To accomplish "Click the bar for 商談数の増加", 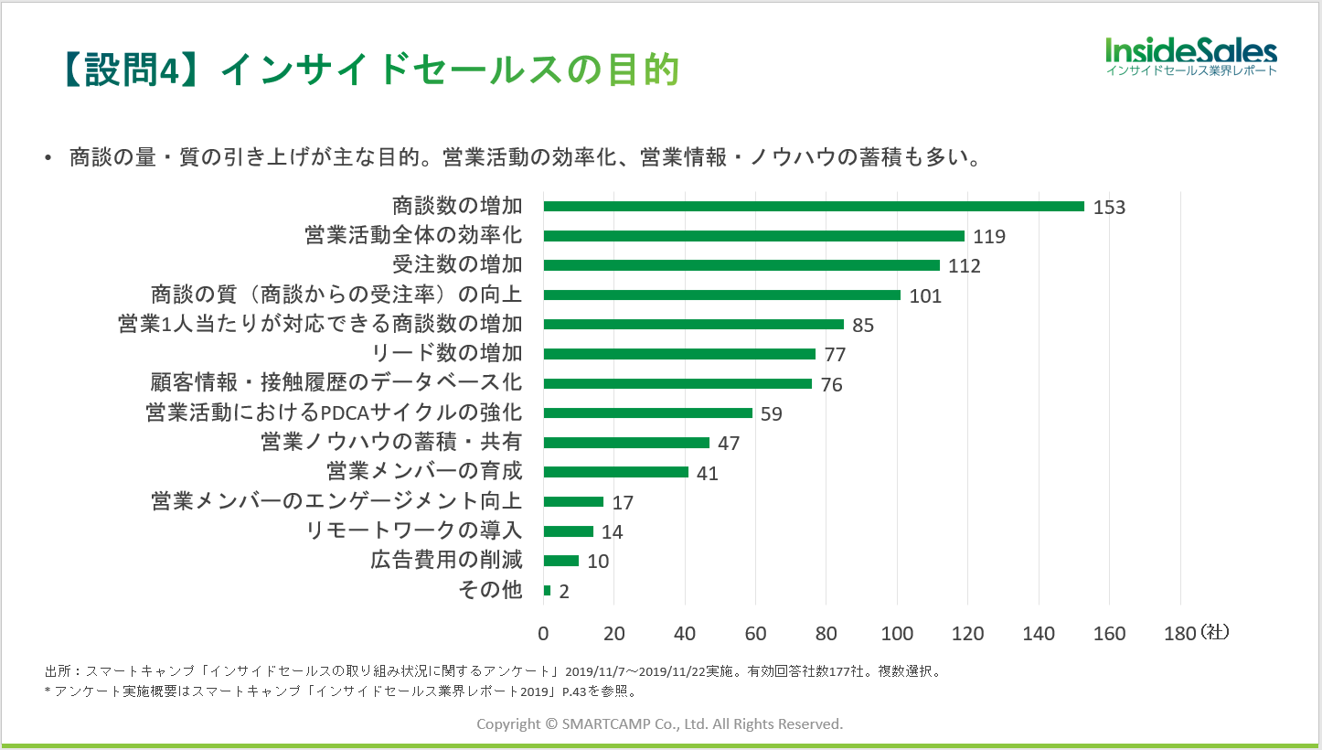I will [x=814, y=207].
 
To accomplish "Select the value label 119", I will [x=989, y=237].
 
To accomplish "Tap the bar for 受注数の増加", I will [x=741, y=265].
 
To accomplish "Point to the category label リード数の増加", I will [x=447, y=353].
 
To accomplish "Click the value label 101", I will [x=925, y=295].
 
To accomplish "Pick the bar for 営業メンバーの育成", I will [x=616, y=472].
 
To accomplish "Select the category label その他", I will [x=490, y=590].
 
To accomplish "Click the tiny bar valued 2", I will [x=547, y=591].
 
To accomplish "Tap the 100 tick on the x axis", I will [x=897, y=633].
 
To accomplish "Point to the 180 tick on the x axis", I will [x=1179, y=633].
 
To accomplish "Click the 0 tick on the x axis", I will [x=544, y=633].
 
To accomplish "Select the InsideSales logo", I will [x=1190, y=56].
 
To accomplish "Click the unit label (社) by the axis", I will [x=1215, y=631].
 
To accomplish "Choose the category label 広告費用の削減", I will [x=446, y=561].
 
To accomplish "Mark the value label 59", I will [x=772, y=413].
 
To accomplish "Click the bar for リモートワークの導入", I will [x=569, y=531].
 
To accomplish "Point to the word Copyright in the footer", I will [x=508, y=723].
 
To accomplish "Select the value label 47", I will [x=729, y=444].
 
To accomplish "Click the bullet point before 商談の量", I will [x=48, y=158].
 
